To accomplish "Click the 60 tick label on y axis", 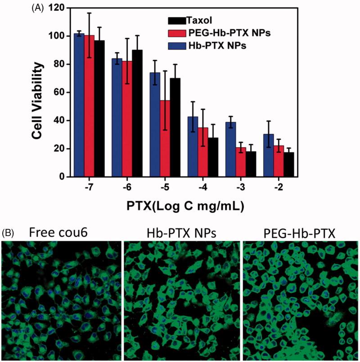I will pyautogui.click(x=58, y=93).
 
